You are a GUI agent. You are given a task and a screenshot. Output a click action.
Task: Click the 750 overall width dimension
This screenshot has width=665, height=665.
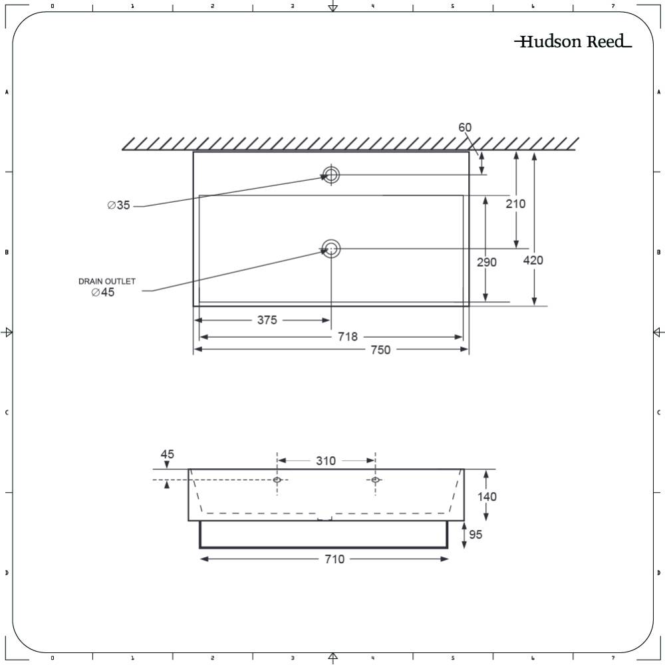(x=380, y=350)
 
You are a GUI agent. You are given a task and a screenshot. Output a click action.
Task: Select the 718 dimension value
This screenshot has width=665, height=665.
(x=348, y=337)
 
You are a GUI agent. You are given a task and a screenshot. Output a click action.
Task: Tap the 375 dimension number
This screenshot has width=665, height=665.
(x=267, y=321)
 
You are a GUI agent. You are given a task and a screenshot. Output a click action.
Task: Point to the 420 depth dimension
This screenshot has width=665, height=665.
(x=533, y=260)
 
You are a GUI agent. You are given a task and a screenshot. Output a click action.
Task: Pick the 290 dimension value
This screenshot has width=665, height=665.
(x=487, y=262)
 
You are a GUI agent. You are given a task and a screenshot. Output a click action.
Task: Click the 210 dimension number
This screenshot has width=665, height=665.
(x=515, y=203)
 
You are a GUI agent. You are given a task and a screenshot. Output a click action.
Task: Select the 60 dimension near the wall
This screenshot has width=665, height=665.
(x=465, y=127)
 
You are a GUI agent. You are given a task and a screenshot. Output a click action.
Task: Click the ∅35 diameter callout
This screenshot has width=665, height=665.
(x=119, y=205)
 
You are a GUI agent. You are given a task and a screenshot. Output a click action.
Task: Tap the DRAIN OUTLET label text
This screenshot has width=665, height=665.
(x=107, y=281)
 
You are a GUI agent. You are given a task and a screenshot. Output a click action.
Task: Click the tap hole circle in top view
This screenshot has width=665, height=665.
(x=331, y=175)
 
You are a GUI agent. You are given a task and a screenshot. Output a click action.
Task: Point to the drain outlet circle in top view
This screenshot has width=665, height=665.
(x=331, y=249)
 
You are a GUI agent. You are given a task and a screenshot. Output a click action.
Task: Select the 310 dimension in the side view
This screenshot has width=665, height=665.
(x=326, y=461)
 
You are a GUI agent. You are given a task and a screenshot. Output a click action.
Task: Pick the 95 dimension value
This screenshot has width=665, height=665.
(x=475, y=534)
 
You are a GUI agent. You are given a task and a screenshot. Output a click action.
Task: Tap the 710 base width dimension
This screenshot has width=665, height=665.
(x=334, y=559)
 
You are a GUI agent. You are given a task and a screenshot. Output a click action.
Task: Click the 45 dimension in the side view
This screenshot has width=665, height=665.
(x=167, y=454)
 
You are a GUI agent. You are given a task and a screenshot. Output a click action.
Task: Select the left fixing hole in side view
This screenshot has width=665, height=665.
(x=277, y=480)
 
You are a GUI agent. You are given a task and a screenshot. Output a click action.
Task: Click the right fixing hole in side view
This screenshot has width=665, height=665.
(x=376, y=480)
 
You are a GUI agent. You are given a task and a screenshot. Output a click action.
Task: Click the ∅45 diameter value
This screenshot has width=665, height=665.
(x=103, y=293)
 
